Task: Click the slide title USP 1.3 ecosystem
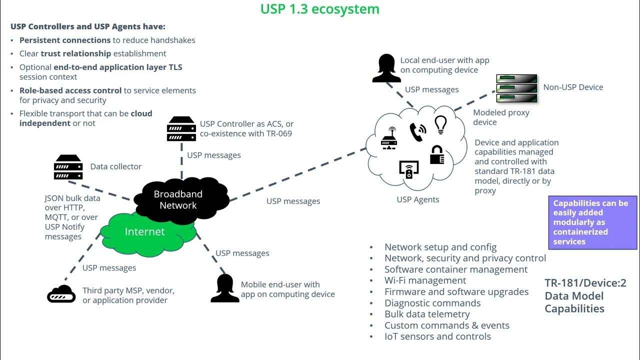pyautogui.click(x=319, y=9)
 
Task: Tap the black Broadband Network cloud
pyautogui.click(x=178, y=199)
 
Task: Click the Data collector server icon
pyautogui.click(x=68, y=167)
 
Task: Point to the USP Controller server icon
pyautogui.click(x=181, y=129)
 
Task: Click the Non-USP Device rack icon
pyautogui.click(x=516, y=88)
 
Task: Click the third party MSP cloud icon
pyautogui.click(x=61, y=295)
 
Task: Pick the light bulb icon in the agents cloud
pyautogui.click(x=440, y=124)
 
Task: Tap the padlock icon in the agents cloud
pyautogui.click(x=437, y=155)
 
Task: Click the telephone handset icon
pyautogui.click(x=417, y=132)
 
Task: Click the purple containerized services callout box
pyautogui.click(x=592, y=222)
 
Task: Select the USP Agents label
pyautogui.click(x=418, y=199)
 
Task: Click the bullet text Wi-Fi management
pyautogui.click(x=425, y=280)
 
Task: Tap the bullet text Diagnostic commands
pyautogui.click(x=432, y=303)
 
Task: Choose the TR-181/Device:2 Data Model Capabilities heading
pyautogui.click(x=585, y=296)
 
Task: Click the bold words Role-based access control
pyautogui.click(x=70, y=90)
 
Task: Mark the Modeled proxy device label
pyautogui.click(x=501, y=117)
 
